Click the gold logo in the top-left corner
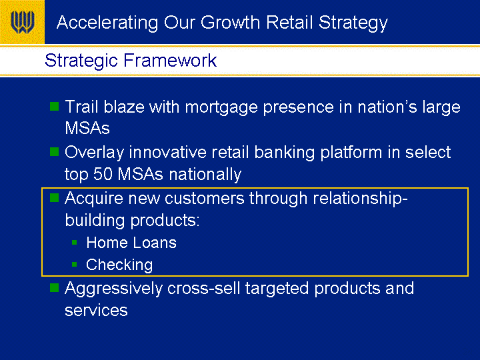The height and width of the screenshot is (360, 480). pos(22,22)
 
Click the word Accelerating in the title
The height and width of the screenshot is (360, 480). pos(107,23)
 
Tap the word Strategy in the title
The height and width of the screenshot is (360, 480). pos(353,23)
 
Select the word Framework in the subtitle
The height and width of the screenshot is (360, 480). pos(170,60)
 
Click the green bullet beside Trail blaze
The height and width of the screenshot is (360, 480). pos(54,106)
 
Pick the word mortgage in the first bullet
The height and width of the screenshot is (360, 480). pos(221,108)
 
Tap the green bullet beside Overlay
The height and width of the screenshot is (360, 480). pos(54,151)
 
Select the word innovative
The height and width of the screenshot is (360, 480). pos(167,152)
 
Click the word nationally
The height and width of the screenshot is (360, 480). pos(205,175)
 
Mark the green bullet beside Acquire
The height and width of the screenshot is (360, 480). pos(54,197)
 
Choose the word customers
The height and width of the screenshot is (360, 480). pos(205,199)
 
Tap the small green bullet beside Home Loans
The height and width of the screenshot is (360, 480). pos(75,243)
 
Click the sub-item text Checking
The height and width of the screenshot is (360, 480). pos(119,265)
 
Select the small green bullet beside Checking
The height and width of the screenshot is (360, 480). pos(75,264)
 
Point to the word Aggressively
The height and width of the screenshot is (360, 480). pos(113,289)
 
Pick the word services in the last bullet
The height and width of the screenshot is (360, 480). pos(96,311)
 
